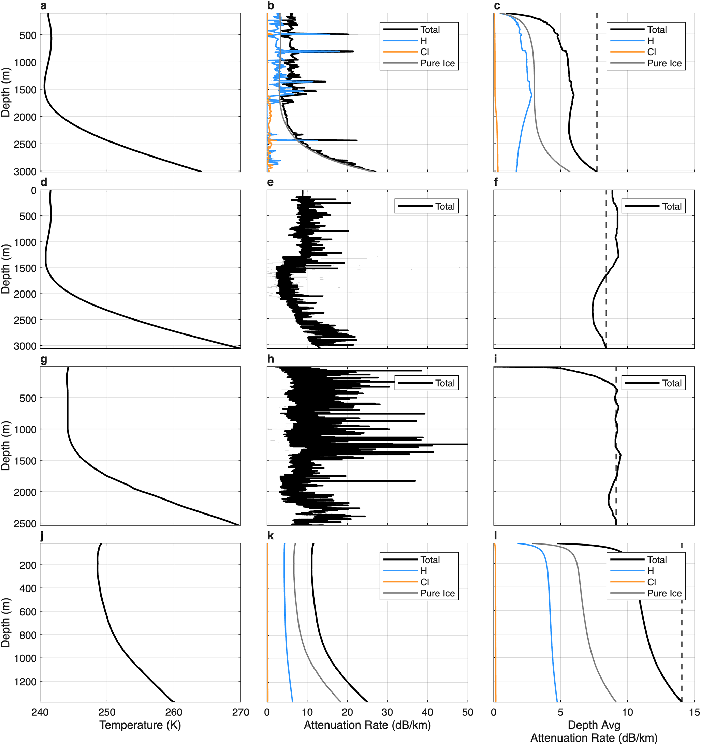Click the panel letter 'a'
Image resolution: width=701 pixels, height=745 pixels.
tap(43, 6)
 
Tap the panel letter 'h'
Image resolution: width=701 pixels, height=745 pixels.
tap(270, 359)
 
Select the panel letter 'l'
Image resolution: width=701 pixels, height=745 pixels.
tap(495, 536)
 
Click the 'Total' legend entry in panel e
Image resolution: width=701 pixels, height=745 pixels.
tap(427, 206)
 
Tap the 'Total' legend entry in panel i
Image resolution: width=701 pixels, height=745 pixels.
tap(653, 383)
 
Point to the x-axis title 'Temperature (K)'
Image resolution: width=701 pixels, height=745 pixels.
tap(140, 725)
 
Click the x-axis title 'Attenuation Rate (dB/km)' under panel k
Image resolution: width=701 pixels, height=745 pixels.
tap(367, 725)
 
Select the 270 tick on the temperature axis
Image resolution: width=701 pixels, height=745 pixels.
tap(241, 712)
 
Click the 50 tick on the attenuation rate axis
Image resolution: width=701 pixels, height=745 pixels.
tap(467, 712)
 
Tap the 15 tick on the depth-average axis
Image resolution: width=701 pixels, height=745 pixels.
tap(694, 712)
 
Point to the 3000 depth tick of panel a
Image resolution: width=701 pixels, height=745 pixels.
tap(26, 172)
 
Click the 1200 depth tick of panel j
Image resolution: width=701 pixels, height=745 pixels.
tap(26, 681)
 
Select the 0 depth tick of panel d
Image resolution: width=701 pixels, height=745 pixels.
tap(34, 190)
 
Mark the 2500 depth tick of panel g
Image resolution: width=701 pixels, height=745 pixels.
tap(26, 523)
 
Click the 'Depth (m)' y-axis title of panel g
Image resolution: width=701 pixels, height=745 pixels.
tap(5, 446)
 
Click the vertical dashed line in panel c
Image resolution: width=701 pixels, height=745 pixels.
tap(597, 92)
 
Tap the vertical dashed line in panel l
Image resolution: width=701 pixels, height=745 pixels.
tap(682, 623)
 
